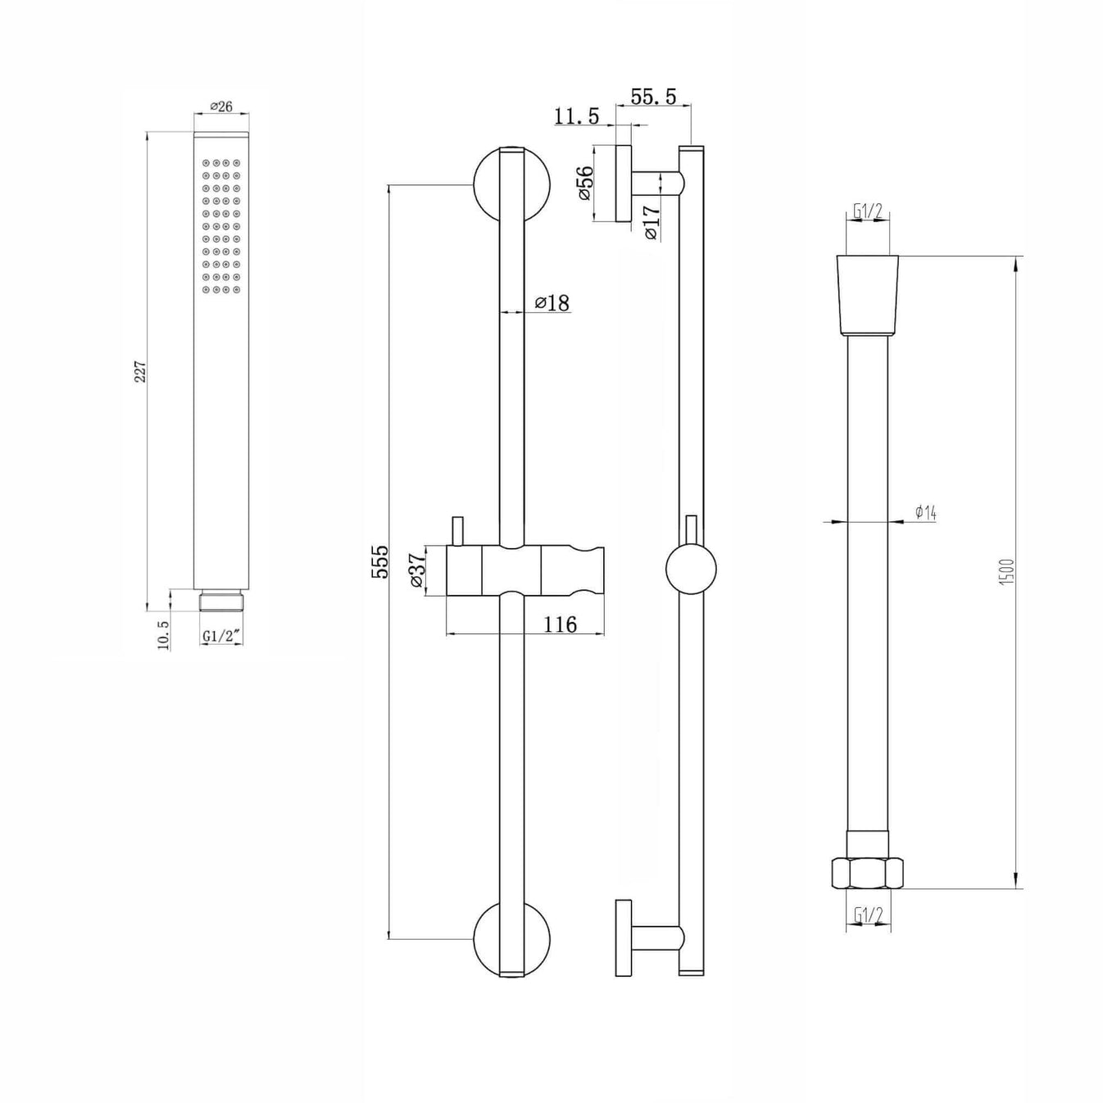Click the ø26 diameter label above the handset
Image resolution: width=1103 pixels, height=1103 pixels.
pyautogui.click(x=221, y=107)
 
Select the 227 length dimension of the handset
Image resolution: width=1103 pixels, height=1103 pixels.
pyautogui.click(x=140, y=371)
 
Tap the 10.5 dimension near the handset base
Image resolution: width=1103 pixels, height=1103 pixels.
pyautogui.click(x=163, y=634)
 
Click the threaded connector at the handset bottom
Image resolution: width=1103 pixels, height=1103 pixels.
pyautogui.click(x=221, y=601)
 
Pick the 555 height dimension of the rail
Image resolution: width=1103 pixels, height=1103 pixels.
pyautogui.click(x=380, y=561)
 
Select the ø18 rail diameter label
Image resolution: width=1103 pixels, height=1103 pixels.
pyautogui.click(x=552, y=303)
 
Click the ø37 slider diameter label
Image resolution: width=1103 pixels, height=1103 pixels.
pyautogui.click(x=416, y=570)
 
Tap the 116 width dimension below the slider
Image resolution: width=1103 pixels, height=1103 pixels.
pyautogui.click(x=561, y=624)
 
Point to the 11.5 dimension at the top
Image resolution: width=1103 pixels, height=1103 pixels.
pyautogui.click(x=576, y=116)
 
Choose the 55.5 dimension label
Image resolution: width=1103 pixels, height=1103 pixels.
pyautogui.click(x=653, y=97)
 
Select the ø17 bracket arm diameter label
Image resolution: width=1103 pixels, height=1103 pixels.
pyautogui.click(x=651, y=222)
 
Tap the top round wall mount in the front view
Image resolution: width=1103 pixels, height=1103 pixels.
pyautogui.click(x=511, y=184)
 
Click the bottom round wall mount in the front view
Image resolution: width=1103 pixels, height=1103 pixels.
pyautogui.click(x=511, y=939)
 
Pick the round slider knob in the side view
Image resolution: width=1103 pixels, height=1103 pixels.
pyautogui.click(x=691, y=570)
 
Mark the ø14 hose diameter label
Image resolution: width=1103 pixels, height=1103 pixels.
pyautogui.click(x=925, y=513)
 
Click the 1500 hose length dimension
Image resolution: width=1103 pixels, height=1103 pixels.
pyautogui.click(x=1007, y=571)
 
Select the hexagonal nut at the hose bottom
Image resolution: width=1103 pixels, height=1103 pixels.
pyautogui.click(x=868, y=873)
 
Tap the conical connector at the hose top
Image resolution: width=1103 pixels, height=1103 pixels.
pyautogui.click(x=868, y=295)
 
